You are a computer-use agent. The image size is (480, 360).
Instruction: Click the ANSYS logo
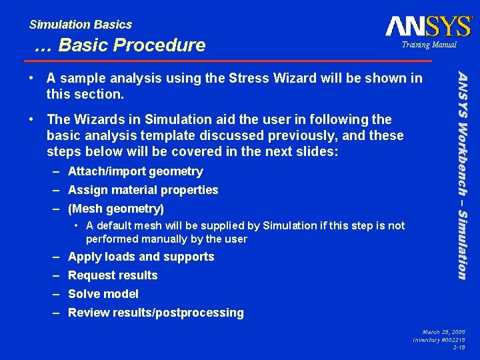click(x=429, y=26)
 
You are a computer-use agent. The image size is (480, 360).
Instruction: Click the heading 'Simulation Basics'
click(x=81, y=25)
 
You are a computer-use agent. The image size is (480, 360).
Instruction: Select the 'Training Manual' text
click(x=429, y=45)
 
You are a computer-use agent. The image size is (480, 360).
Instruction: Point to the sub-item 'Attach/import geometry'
click(x=135, y=171)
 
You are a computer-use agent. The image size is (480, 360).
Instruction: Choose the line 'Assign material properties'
click(x=143, y=190)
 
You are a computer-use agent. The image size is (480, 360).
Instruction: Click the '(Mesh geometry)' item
click(x=116, y=209)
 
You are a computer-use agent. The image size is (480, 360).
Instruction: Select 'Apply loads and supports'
click(x=141, y=257)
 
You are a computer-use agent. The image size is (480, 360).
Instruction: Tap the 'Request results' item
click(x=113, y=275)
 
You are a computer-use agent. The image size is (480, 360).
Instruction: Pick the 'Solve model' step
click(x=103, y=294)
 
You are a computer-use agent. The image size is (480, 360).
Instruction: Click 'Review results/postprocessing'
click(x=156, y=313)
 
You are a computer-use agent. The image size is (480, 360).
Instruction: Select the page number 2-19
click(x=459, y=347)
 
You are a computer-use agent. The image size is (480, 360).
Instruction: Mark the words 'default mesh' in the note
click(x=125, y=225)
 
